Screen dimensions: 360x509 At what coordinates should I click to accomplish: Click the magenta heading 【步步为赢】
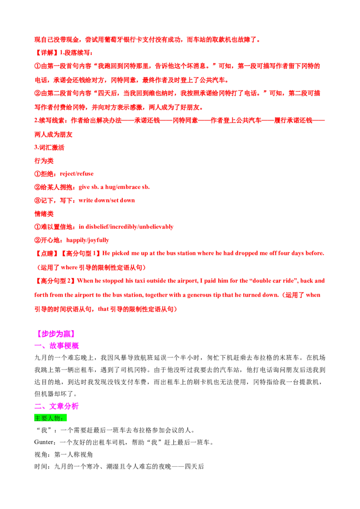[55, 333]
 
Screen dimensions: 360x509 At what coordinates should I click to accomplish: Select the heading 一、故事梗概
[57, 346]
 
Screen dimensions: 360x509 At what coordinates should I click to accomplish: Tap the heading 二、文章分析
[57, 406]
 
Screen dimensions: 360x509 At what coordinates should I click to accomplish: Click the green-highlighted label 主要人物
[50, 418]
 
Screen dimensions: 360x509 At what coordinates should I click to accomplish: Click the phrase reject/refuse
[76, 174]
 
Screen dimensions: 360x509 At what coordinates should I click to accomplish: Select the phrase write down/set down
[107, 200]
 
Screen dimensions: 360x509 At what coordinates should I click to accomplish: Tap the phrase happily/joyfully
[88, 240]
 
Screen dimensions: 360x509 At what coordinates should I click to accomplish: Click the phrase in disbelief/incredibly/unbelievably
[126, 227]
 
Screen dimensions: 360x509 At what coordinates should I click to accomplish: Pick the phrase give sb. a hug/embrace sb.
[114, 187]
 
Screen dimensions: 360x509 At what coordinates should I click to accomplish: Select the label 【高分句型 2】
[55, 281]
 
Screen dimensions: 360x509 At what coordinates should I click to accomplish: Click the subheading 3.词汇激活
[49, 147]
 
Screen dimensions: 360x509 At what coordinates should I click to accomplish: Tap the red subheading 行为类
[44, 161]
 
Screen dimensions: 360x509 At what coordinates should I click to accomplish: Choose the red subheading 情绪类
[44, 214]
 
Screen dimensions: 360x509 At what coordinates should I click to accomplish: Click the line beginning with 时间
[119, 466]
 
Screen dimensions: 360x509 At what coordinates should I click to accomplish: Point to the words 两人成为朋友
[53, 134]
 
